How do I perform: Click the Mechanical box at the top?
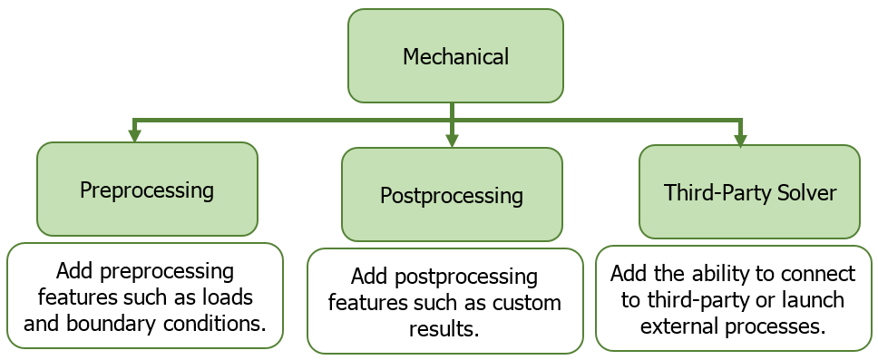(455, 56)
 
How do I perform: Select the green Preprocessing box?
(147, 189)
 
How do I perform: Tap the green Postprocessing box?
(452, 194)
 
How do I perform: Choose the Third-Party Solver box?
(749, 191)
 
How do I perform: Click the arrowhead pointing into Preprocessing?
(134, 136)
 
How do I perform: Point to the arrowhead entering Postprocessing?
(452, 141)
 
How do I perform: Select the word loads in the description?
(229, 297)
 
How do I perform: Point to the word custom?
(526, 303)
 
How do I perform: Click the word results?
(444, 329)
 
